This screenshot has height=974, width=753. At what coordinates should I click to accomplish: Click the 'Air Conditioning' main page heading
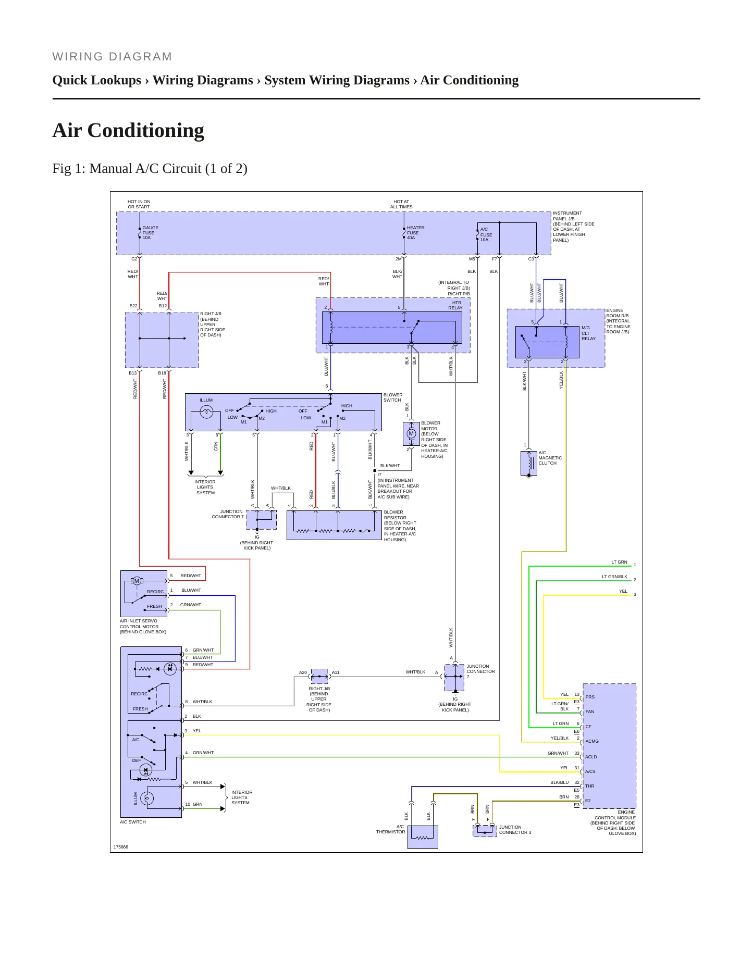pyautogui.click(x=128, y=130)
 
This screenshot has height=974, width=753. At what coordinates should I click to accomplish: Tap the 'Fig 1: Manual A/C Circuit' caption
pyautogui.click(x=150, y=169)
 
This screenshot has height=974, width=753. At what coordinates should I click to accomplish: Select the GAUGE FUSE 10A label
pyautogui.click(x=151, y=233)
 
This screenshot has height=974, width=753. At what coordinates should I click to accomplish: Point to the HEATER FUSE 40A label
pyautogui.click(x=416, y=233)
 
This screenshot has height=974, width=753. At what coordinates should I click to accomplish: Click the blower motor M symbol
pyautogui.click(x=411, y=433)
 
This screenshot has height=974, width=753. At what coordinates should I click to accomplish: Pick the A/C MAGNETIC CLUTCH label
pyautogui.click(x=550, y=458)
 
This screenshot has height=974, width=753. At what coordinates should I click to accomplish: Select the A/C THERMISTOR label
pyautogui.click(x=391, y=829)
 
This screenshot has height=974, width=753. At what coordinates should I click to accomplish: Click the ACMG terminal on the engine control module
pyautogui.click(x=592, y=741)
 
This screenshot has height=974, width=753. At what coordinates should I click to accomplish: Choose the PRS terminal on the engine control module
pyautogui.click(x=590, y=697)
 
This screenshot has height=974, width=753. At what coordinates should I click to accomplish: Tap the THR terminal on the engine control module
pyautogui.click(x=589, y=786)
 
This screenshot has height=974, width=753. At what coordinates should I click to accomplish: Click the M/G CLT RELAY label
pyautogui.click(x=588, y=333)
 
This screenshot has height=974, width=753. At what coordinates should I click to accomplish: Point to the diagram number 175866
pyautogui.click(x=121, y=847)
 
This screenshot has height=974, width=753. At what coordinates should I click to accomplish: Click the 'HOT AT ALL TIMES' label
pyautogui.click(x=401, y=204)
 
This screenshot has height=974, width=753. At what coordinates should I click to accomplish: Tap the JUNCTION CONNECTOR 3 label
pyautogui.click(x=515, y=830)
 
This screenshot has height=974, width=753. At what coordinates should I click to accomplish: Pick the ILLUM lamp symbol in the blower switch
pyautogui.click(x=207, y=412)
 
